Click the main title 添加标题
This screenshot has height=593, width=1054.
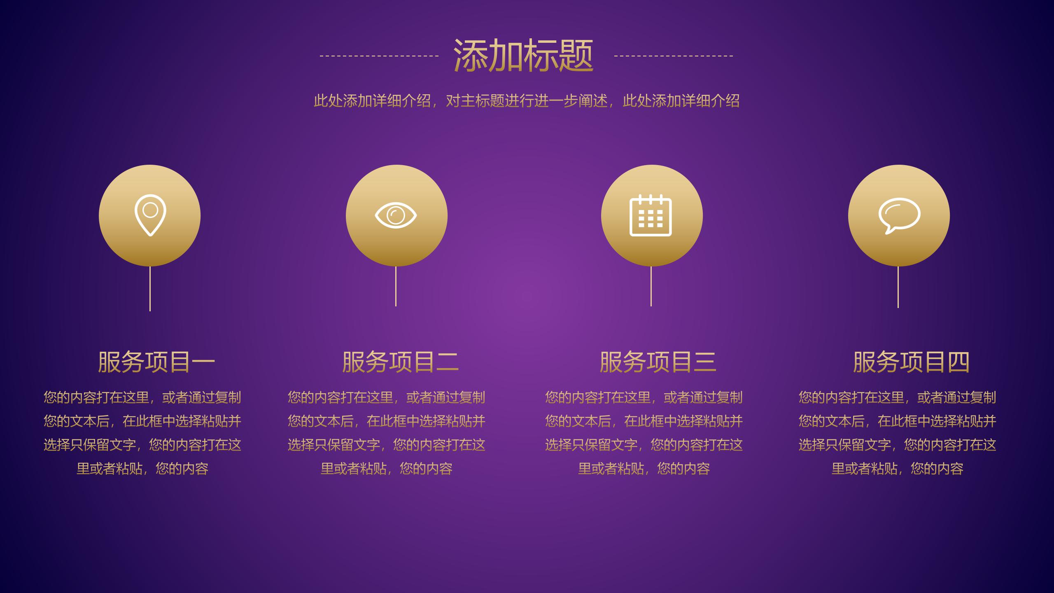(x=523, y=56)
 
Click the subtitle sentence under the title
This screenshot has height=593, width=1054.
(x=527, y=100)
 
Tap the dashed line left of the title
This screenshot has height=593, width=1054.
(x=379, y=56)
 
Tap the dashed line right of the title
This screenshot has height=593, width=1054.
(x=673, y=56)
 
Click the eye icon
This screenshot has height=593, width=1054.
(x=396, y=215)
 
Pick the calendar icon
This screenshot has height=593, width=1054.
(x=651, y=215)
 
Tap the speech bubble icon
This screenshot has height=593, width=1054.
(x=899, y=215)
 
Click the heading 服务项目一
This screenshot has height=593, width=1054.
(x=156, y=362)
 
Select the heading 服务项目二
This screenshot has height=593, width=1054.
(x=400, y=362)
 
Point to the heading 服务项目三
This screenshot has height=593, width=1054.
(x=658, y=362)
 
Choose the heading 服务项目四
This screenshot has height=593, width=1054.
(x=911, y=362)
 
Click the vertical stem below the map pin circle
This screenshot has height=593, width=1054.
(x=150, y=288)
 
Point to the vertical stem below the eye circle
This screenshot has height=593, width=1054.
(x=396, y=286)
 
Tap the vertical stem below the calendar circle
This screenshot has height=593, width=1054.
(x=651, y=286)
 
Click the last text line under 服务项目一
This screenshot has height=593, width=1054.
(x=142, y=469)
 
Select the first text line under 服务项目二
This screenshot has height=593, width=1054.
(x=386, y=397)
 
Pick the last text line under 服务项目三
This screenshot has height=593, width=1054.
(x=644, y=469)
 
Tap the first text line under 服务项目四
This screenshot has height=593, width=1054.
(x=898, y=397)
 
